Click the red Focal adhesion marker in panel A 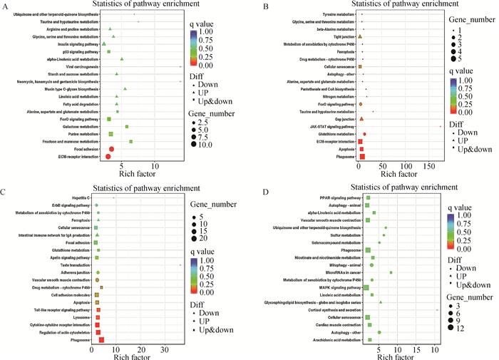(x=111, y=149)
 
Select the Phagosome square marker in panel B (x=362, y=156)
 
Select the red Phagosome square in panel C (x=101, y=340)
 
